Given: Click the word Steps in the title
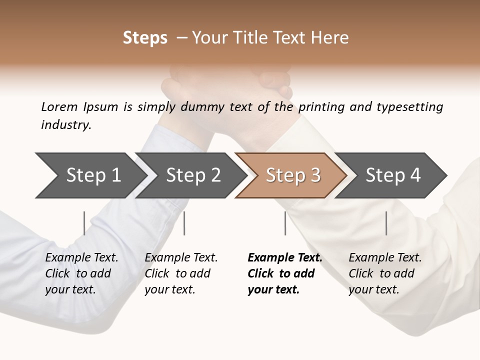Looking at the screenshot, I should tap(145, 38).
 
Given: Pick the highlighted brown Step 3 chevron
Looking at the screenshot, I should tap(292, 175).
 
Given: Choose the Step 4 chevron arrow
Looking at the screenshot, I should tap(392, 175).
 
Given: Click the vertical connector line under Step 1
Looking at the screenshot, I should tap(84, 223).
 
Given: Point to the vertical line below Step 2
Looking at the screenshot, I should tap(184, 223).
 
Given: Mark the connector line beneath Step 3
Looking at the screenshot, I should tap(285, 223).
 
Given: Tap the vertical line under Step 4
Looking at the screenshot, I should tap(386, 223).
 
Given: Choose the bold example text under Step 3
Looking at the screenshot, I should tap(284, 273).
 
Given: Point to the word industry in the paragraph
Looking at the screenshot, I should tap(66, 125).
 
